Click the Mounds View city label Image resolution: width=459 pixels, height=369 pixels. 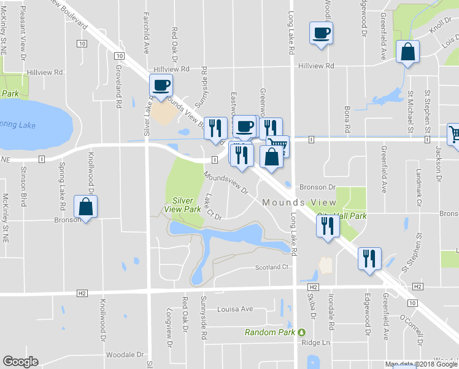pos(299,203)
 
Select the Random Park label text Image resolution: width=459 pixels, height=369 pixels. pos(270,332)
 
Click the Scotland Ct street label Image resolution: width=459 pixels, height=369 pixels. pos(272,268)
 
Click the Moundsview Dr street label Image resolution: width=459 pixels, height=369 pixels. pos(225,183)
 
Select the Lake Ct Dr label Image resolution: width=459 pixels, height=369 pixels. pos(213,206)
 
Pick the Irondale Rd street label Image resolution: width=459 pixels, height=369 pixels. pos(331,320)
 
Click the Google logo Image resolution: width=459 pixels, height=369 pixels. pos(20,362)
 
